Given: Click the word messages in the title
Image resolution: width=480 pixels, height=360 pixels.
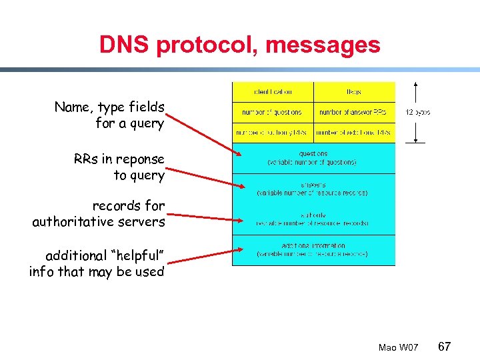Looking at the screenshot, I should (x=323, y=45).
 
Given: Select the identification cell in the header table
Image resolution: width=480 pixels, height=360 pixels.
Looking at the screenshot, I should (x=273, y=92).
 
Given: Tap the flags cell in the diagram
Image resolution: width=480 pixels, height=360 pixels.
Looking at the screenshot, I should (x=353, y=92).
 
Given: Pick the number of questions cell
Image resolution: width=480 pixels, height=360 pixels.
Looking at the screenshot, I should (x=273, y=112).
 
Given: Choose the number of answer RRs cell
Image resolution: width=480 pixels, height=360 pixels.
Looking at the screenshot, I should (x=353, y=112).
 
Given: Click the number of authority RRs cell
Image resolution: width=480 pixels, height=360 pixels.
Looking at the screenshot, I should (x=273, y=133).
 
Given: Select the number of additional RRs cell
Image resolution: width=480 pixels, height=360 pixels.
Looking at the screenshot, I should (x=353, y=133).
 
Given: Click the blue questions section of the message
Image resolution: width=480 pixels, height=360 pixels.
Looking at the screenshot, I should (x=313, y=158).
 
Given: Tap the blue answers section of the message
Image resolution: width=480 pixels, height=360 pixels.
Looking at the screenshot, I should (x=313, y=189).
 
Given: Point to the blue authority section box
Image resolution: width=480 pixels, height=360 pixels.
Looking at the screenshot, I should (x=313, y=219).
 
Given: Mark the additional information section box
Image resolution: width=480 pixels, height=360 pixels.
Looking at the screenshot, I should (x=313, y=250).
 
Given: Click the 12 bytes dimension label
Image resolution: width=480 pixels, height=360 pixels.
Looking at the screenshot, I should (x=418, y=113).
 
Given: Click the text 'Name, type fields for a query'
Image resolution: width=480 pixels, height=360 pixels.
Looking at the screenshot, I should (x=110, y=115).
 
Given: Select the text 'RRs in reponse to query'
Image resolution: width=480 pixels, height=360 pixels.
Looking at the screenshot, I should (x=119, y=167).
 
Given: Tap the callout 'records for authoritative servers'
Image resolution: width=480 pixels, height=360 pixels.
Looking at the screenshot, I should (x=99, y=213).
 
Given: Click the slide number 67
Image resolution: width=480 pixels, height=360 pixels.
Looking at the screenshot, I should (x=445, y=347).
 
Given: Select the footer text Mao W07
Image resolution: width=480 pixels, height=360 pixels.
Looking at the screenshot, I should (x=398, y=348).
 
